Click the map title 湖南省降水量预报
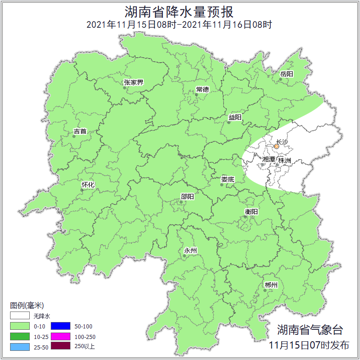tap(180, 11)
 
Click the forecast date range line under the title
tap(180, 25)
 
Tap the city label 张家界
tap(134, 83)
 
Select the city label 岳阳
tap(287, 74)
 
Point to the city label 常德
tap(202, 89)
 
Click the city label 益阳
tap(235, 118)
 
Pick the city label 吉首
tap(80, 131)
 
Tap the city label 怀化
tap(88, 185)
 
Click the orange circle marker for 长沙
tap(276, 147)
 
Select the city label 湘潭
tap(269, 160)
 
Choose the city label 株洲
tap(285, 161)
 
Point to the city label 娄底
tap(227, 179)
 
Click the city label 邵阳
tap(187, 197)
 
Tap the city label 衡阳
tap(252, 211)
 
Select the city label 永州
tap(190, 251)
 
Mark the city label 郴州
tap(271, 285)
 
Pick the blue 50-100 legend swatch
tap(60, 326)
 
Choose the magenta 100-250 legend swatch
tap(60, 336)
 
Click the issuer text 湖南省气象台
tap(310, 330)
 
